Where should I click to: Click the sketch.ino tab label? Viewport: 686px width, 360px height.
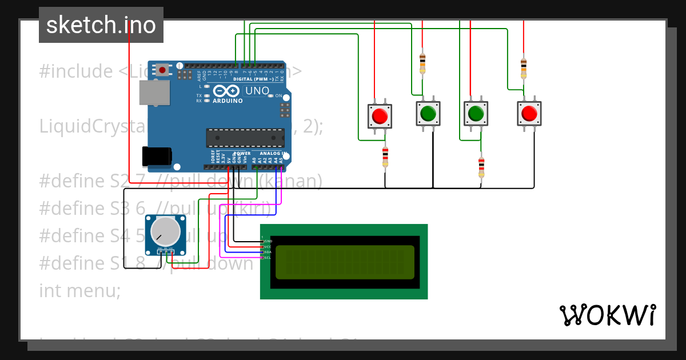tap(101, 25)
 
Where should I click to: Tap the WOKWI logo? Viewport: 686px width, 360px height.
tap(607, 315)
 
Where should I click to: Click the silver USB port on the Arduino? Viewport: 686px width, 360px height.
tap(155, 93)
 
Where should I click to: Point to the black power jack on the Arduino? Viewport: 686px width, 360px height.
tap(156, 156)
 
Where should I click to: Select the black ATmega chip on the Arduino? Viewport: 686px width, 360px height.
tap(245, 138)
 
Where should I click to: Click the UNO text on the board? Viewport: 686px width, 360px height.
tap(257, 91)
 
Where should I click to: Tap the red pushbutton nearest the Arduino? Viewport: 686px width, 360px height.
tap(379, 117)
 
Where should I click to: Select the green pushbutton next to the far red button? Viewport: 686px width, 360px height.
tap(475, 114)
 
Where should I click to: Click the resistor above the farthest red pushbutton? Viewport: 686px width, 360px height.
tap(524, 67)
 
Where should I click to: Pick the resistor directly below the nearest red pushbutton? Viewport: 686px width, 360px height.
tap(385, 157)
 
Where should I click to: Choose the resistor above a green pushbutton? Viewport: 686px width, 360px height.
tap(422, 63)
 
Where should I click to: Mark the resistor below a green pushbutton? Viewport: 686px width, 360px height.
tap(481, 167)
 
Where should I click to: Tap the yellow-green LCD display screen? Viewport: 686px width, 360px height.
tap(345, 262)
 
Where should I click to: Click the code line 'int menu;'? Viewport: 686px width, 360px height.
tap(80, 291)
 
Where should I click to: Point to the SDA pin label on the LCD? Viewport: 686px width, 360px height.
tap(267, 252)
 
